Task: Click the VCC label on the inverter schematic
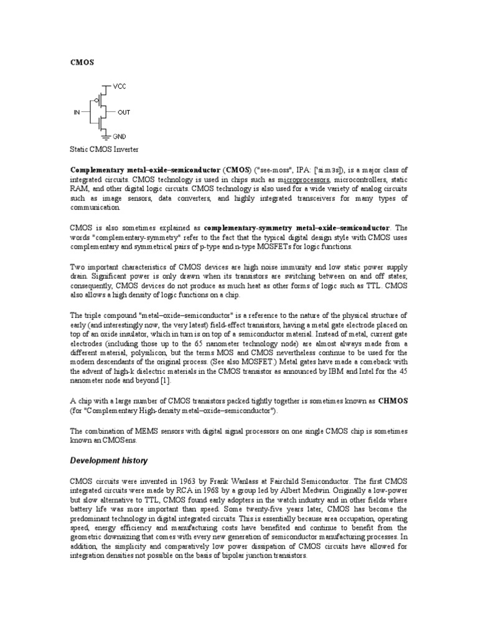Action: (119, 86)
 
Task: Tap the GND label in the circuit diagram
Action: (119, 135)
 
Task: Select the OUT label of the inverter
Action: (124, 113)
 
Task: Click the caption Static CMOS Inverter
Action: (105, 150)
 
